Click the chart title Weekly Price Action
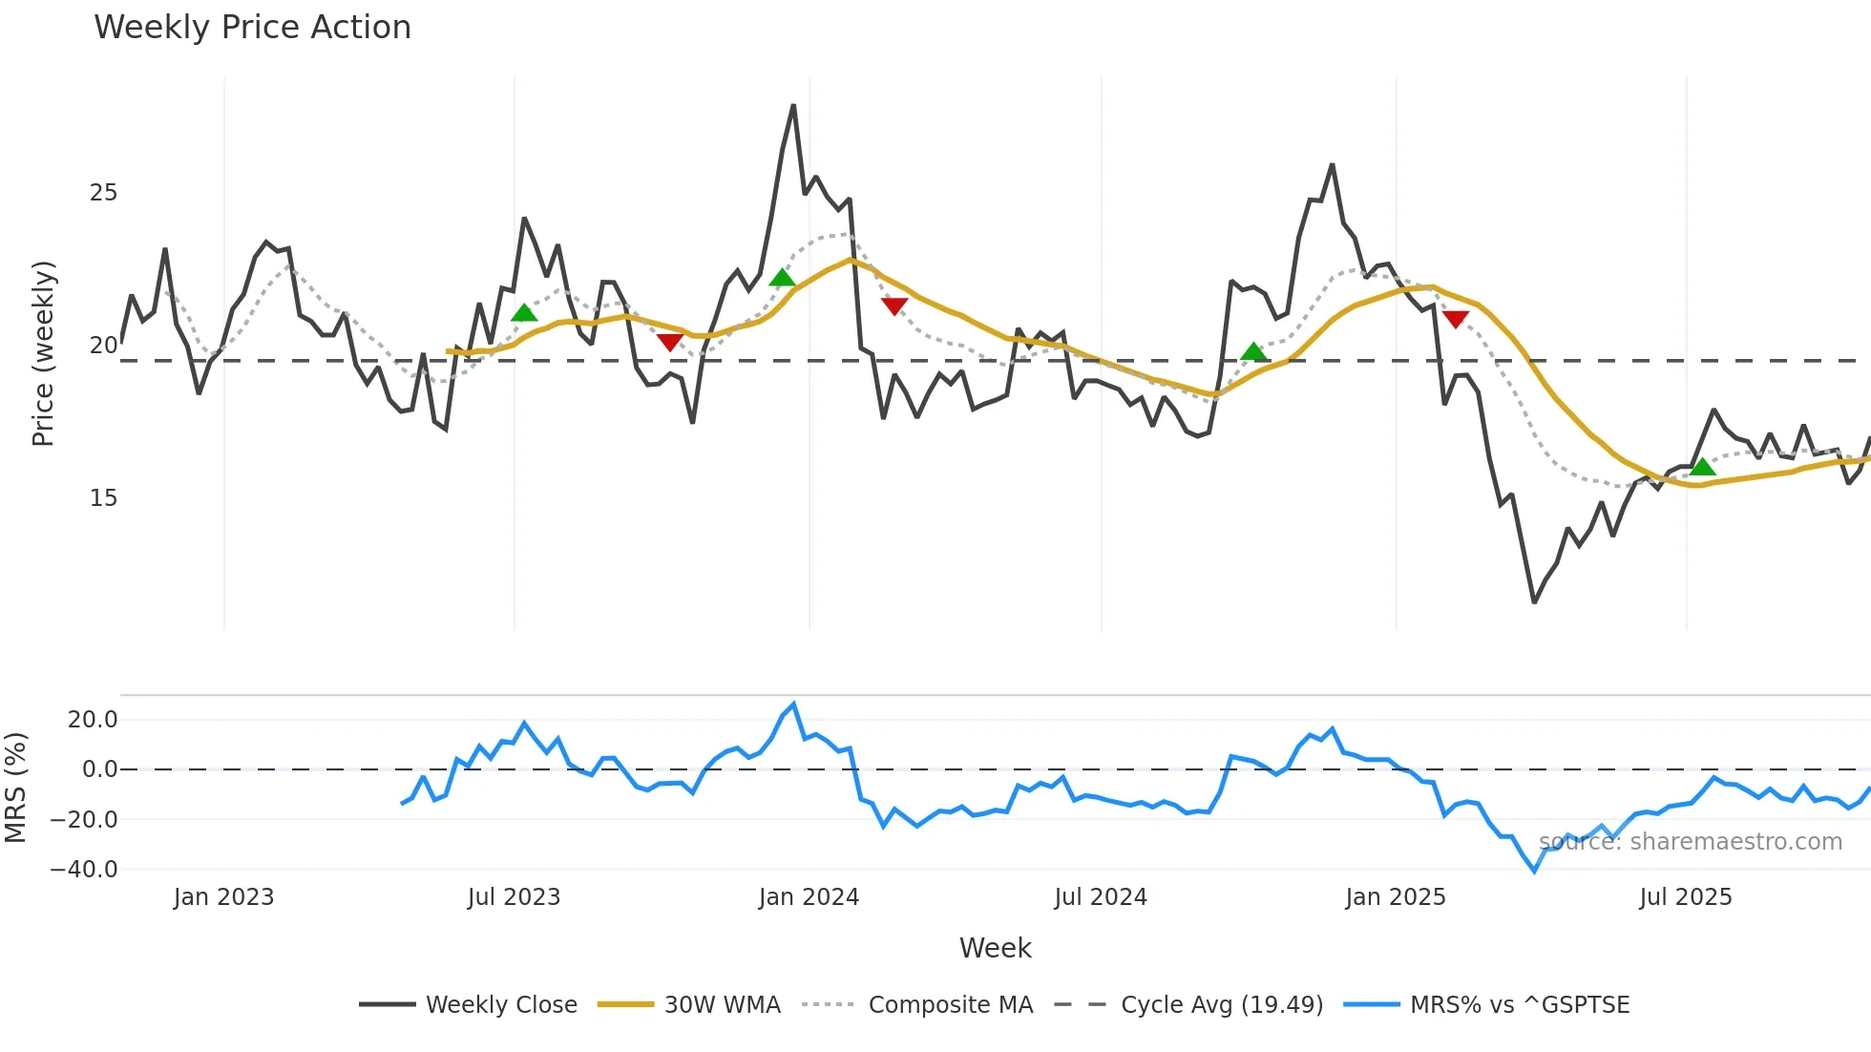(x=252, y=28)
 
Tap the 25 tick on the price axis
(x=103, y=193)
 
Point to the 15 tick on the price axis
(x=103, y=498)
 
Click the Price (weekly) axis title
(x=43, y=353)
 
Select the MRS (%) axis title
(x=15, y=789)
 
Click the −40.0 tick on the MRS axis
(x=84, y=870)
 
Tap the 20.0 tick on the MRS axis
(x=92, y=720)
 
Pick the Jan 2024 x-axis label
(x=809, y=897)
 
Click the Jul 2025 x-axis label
(x=1685, y=897)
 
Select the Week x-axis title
(x=995, y=948)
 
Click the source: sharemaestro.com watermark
(x=1690, y=842)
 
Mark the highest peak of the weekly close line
(x=793, y=106)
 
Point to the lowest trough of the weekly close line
(x=1534, y=601)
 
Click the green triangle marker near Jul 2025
(x=1702, y=467)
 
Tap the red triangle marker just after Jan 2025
(x=1455, y=319)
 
